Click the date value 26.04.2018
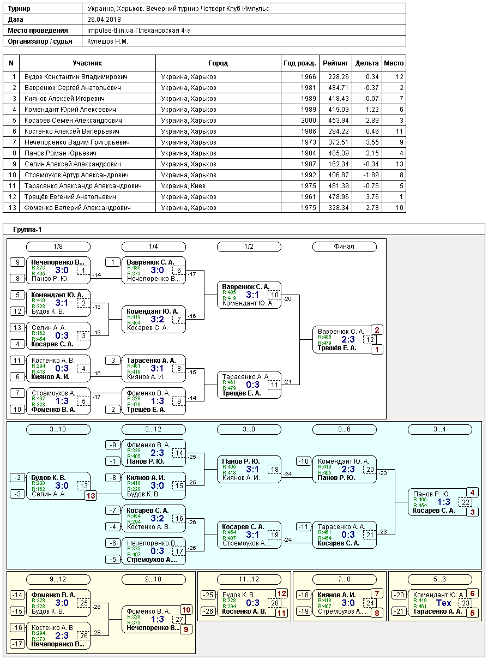coord(104,20)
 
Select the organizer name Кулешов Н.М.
coord(108,41)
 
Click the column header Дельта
coord(367,63)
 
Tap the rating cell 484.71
coord(338,88)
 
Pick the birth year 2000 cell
coord(308,121)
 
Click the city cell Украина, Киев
coord(183,186)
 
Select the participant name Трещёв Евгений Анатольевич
coord(70,197)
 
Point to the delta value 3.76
coord(372,197)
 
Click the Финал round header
coord(344,247)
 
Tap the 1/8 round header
coord(58,247)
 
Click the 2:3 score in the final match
coord(348,339)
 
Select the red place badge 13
coord(91,496)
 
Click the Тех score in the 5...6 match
coord(443,603)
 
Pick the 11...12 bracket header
coord(249,579)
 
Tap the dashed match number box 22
coord(466,502)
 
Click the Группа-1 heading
coord(27,230)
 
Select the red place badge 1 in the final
coord(377,349)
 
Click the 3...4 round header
coord(440,429)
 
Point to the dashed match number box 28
coord(275,603)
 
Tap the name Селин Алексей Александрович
coord(73,164)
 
